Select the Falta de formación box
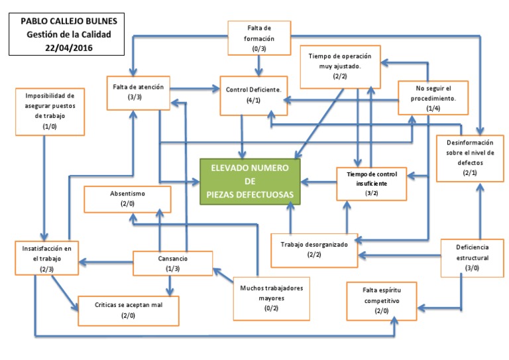[258, 38]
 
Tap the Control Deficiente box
[254, 95]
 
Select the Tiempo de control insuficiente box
[371, 184]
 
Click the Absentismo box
[127, 199]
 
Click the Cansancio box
[172, 263]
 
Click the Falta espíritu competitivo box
[382, 300]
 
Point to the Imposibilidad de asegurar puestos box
[50, 110]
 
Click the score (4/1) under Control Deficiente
[254, 100]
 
